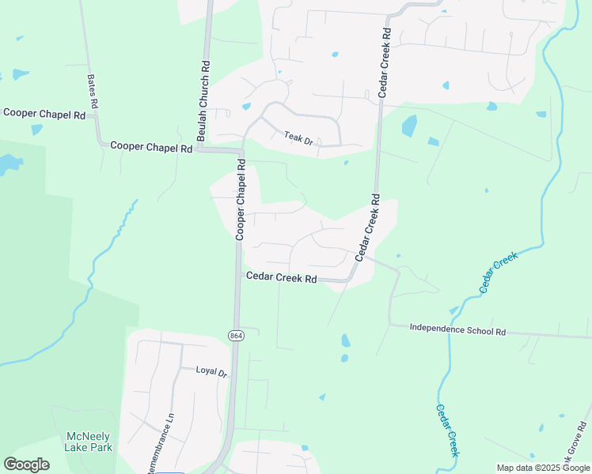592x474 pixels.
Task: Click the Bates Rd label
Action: coord(92,92)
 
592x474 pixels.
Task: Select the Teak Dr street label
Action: coord(298,139)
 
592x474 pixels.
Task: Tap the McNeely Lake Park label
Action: coord(89,442)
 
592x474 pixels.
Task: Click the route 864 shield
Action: coord(236,336)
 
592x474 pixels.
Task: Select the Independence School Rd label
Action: coord(457,330)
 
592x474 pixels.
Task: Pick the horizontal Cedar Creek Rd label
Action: coord(281,278)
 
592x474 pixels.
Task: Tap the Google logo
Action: coord(26,465)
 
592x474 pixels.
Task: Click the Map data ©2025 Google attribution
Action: coord(543,468)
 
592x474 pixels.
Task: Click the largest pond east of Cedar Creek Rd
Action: coord(408,126)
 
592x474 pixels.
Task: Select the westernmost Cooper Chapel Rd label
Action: coord(44,114)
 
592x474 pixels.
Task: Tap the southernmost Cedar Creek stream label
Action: coord(447,430)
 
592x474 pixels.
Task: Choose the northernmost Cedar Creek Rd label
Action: coord(385,63)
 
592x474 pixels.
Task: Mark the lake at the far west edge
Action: coord(7,164)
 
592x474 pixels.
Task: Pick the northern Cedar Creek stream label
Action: coord(497,272)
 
